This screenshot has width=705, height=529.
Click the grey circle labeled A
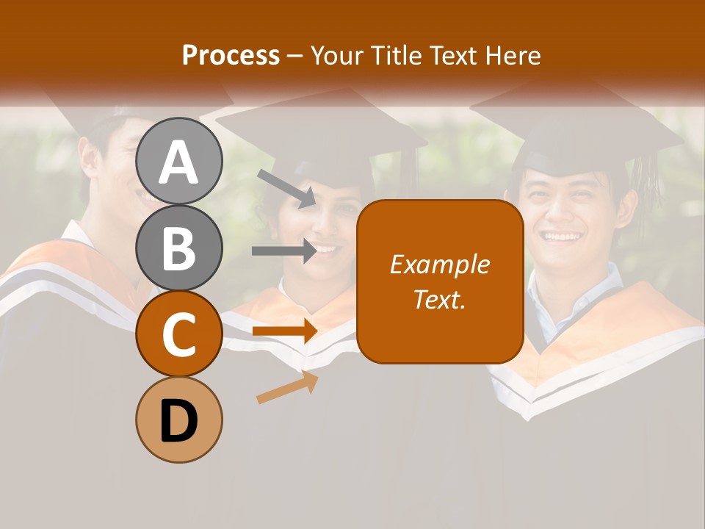tap(178, 161)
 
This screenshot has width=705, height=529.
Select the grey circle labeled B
tap(178, 248)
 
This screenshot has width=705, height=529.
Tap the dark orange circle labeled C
tap(178, 334)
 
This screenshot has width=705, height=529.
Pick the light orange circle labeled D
tap(178, 420)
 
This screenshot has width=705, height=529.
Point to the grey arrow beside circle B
tap(283, 251)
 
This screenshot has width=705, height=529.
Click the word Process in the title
tap(231, 55)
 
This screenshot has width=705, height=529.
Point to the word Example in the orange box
tap(439, 264)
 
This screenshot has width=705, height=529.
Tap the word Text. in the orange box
tap(439, 300)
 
